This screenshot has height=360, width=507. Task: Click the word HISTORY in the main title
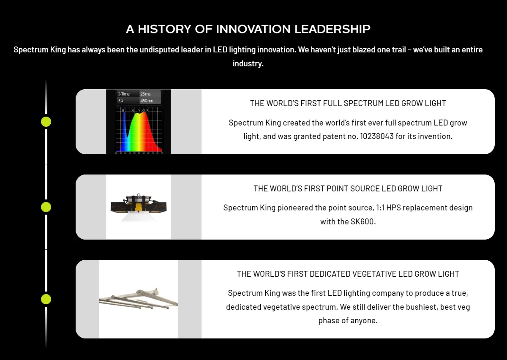coord(164,29)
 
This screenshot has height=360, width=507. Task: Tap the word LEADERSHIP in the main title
coord(332,29)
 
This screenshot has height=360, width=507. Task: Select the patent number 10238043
coord(376,136)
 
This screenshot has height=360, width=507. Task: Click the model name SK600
coord(363,221)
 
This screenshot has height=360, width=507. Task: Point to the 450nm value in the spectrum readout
coord(147,101)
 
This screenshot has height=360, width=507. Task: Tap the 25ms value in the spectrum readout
coord(145,94)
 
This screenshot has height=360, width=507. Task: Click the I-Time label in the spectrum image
coord(124,94)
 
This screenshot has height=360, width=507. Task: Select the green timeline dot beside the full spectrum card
coord(46,122)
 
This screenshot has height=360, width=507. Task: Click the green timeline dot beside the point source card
coord(46,207)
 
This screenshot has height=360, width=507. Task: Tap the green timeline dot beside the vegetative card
coord(46,299)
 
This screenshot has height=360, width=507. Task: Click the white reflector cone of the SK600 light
coord(138,216)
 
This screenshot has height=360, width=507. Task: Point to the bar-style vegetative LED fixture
coord(138,299)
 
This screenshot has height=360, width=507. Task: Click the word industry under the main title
coord(248,64)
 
